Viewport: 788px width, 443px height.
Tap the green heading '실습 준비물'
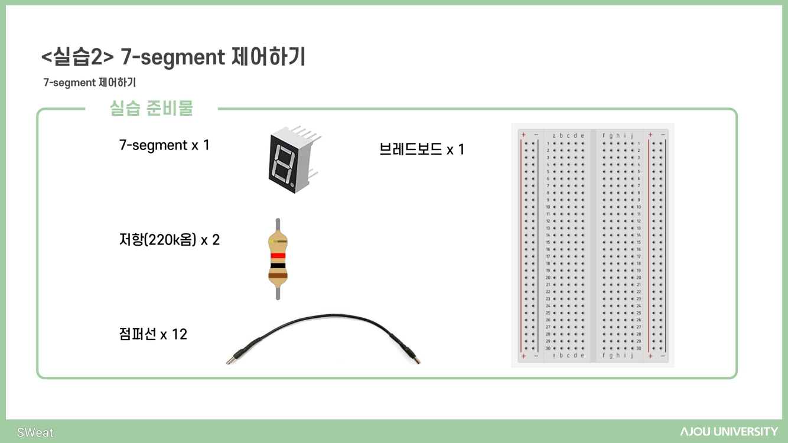pos(152,109)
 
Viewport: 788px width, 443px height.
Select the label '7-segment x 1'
pos(164,145)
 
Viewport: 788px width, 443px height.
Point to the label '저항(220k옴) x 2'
pos(169,240)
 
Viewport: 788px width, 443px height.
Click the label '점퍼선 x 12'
pos(153,334)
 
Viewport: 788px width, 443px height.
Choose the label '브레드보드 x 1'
pos(422,149)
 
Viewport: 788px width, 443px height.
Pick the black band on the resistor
pos(278,266)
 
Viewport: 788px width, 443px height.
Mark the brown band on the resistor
pos(278,275)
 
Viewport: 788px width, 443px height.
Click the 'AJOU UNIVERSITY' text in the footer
pos(729,432)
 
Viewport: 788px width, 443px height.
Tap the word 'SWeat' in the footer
pos(35,432)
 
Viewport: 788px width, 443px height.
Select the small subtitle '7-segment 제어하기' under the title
pos(89,83)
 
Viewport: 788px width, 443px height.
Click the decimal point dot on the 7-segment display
pos(293,186)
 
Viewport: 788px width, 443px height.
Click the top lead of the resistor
pos(278,224)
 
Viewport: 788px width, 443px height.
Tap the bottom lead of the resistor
pos(278,293)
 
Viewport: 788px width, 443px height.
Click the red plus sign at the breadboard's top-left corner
pos(524,135)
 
